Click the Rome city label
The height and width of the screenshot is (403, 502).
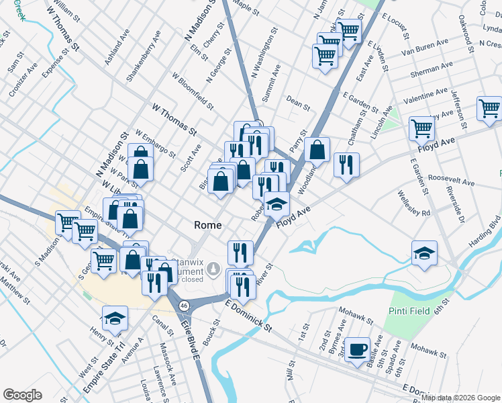tap(208, 225)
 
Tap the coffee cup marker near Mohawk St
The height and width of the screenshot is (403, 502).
tap(358, 350)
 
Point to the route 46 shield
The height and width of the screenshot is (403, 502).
tap(184, 306)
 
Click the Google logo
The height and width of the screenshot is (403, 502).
tap(22, 395)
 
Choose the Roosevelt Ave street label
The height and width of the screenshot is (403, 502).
tap(451, 183)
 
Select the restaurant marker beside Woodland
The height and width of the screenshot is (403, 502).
tap(346, 165)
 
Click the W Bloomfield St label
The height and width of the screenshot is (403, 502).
tap(192, 91)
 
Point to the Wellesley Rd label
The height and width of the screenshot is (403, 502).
tap(416, 204)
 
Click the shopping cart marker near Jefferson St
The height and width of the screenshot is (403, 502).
tap(489, 108)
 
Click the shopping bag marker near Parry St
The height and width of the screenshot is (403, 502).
tap(317, 150)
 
